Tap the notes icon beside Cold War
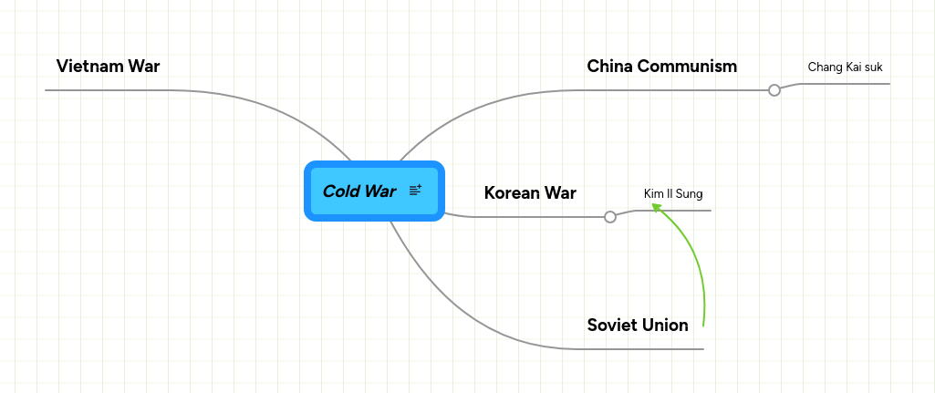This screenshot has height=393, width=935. click(415, 190)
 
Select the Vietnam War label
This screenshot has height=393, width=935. click(108, 66)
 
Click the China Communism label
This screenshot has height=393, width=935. click(661, 66)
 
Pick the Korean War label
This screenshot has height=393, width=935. click(530, 192)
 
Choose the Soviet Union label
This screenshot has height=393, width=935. click(638, 325)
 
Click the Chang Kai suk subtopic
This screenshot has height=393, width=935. click(845, 67)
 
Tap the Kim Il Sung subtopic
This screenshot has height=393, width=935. click(673, 193)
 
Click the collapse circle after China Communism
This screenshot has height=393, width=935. click(774, 90)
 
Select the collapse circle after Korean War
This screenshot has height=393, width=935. click(610, 217)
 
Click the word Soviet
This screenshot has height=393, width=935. click(612, 325)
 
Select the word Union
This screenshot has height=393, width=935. click(665, 325)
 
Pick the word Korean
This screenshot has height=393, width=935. click(513, 192)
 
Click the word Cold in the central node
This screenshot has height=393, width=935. click(340, 191)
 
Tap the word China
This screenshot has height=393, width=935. click(608, 66)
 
